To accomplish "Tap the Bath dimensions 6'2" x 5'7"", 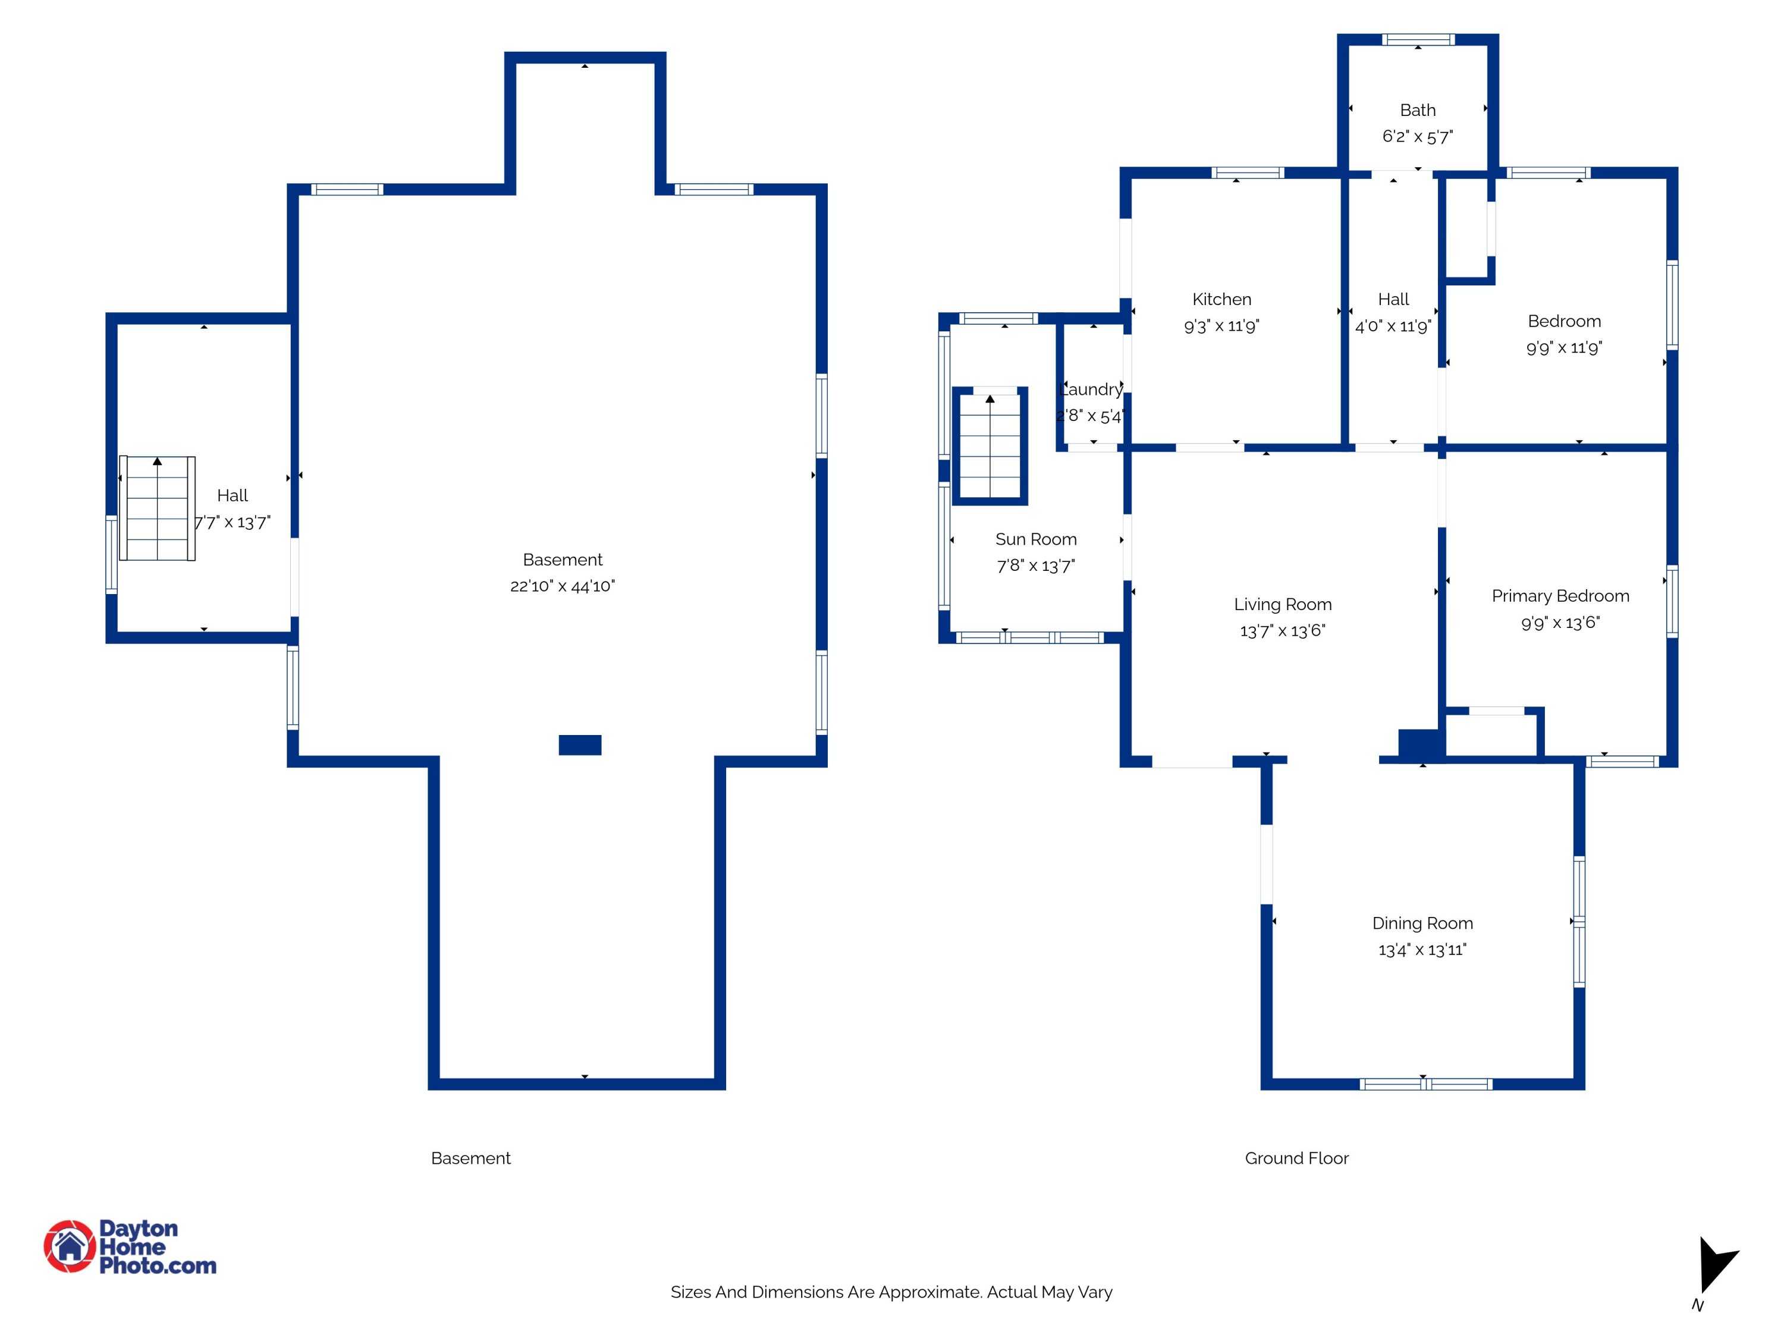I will coord(1417,136).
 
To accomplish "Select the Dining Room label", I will coord(1422,923).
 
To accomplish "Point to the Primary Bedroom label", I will coord(1560,596).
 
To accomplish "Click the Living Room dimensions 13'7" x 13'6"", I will coord(1282,631).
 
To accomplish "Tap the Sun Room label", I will coord(1035,539).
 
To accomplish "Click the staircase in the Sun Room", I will coord(990,446).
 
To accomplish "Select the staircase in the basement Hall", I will coord(157,508).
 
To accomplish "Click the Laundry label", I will coord(1091,390).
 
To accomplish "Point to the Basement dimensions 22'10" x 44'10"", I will coord(562,586).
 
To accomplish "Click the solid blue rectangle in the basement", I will coord(580,745).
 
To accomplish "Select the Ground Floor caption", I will coord(1296,1158).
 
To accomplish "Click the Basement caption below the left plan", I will coord(470,1158).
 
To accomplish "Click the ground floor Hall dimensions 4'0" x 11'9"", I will coord(1393,326).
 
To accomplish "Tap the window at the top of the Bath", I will coord(1418,39).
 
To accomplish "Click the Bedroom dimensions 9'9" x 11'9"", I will coord(1564,348).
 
